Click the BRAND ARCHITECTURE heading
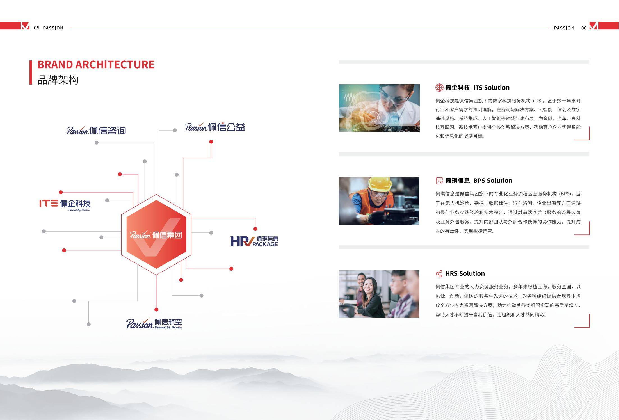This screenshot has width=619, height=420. (x=96, y=65)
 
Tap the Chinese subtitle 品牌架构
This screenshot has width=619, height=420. (x=58, y=80)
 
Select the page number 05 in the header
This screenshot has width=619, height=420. (x=37, y=28)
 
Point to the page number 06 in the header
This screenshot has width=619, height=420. (x=584, y=28)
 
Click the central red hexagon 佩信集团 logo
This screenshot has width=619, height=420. (x=156, y=235)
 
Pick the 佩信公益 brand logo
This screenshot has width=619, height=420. (x=215, y=127)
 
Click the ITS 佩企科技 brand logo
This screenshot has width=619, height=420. (x=65, y=205)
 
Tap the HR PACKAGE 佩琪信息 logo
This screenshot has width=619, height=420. (x=254, y=241)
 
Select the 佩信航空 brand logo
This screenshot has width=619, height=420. (x=154, y=323)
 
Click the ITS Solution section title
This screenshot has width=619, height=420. (x=491, y=88)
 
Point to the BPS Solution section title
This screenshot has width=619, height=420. (x=493, y=181)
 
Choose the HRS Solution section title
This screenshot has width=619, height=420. (x=465, y=273)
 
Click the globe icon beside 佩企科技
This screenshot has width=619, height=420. (x=439, y=88)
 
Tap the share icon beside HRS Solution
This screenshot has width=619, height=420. (x=439, y=273)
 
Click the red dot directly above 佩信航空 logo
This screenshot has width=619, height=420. (x=156, y=309)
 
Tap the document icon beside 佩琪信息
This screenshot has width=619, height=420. (x=439, y=181)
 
